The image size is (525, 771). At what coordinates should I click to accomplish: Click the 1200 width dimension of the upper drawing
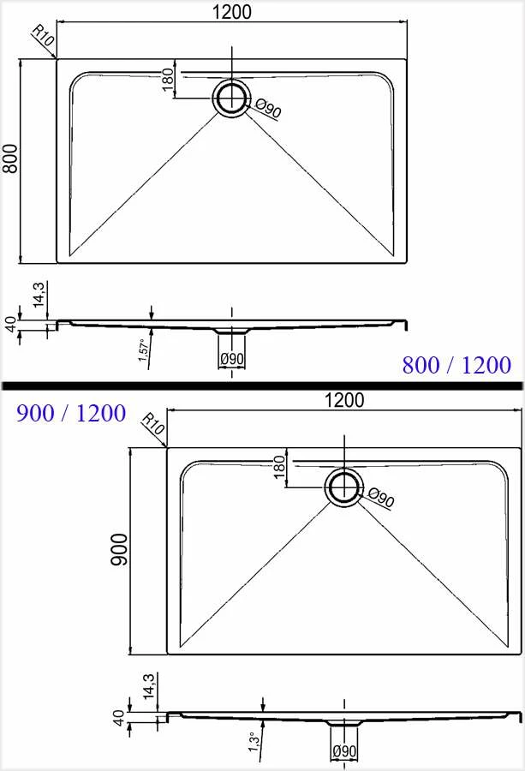click(x=232, y=12)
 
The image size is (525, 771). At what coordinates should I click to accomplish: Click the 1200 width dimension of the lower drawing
click(x=344, y=400)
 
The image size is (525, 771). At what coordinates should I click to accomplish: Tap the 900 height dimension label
click(x=119, y=549)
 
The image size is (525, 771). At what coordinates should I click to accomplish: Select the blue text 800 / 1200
click(x=456, y=365)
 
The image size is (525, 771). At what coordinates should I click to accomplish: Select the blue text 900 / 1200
click(x=71, y=413)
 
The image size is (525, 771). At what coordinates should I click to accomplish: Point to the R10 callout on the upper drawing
click(x=42, y=36)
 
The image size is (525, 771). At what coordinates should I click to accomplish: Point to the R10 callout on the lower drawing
click(x=153, y=424)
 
